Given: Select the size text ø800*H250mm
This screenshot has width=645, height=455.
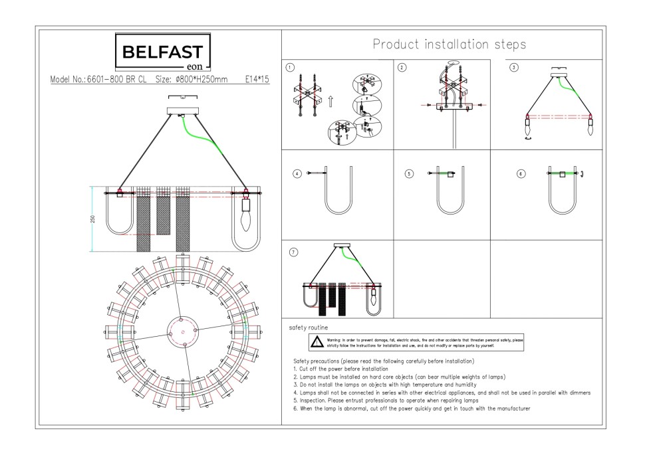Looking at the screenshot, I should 192,79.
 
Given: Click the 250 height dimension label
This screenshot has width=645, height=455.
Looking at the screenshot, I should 94,219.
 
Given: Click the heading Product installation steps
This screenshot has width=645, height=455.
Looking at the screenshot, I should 449,45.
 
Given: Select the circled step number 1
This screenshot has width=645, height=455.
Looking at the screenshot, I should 290,67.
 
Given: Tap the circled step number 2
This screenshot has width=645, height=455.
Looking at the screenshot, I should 401,67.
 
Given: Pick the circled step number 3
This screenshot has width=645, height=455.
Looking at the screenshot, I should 513,67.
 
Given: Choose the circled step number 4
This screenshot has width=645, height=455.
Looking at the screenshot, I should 297,173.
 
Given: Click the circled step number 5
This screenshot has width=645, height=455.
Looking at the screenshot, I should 409,173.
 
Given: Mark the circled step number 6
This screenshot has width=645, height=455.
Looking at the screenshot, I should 521,173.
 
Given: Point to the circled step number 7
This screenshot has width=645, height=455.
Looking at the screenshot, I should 293,252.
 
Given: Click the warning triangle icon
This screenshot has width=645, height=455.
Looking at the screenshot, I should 318,342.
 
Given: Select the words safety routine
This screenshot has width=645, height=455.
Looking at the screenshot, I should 308,328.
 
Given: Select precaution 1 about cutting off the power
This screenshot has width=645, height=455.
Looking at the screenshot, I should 340,368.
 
